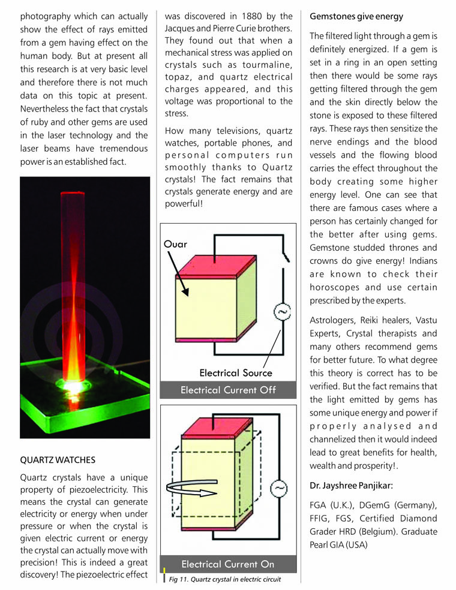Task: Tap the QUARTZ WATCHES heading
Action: coord(58,460)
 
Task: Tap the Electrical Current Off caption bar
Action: coord(228,390)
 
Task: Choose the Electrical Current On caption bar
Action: coord(228,564)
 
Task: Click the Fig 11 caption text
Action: coord(224,580)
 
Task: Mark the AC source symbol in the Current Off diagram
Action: coord(282,312)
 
